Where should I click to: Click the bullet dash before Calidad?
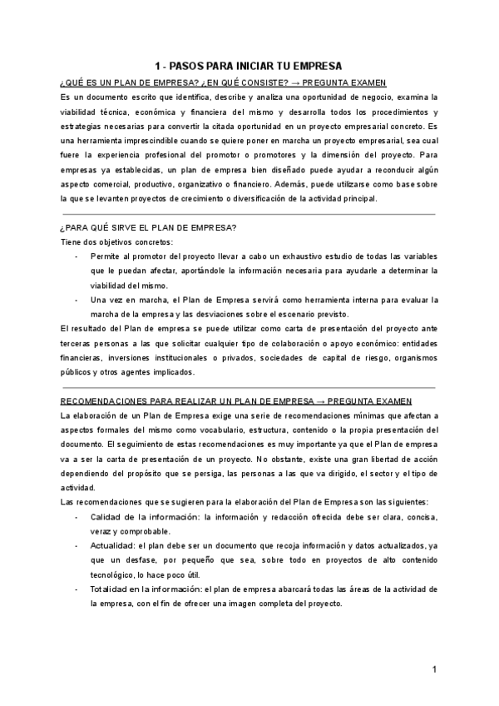coord(76,516)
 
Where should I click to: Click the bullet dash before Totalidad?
coord(76,589)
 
